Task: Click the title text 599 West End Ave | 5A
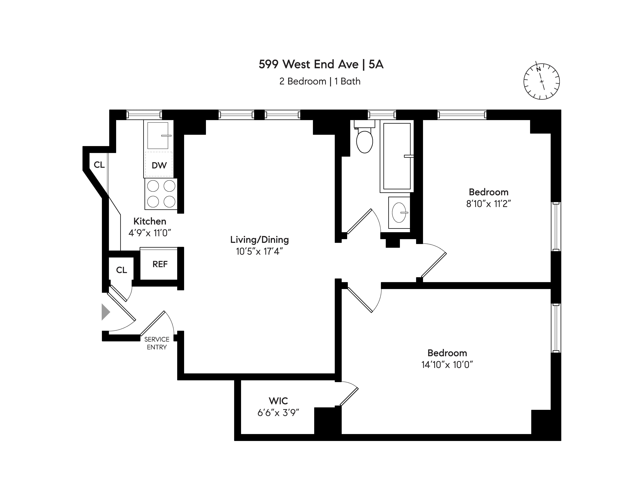point(321,64)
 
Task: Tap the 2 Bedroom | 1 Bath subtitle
point(320,81)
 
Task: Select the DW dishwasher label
point(159,165)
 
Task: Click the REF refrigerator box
point(160,264)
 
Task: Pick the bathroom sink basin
point(399,212)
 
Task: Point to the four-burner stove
point(161,194)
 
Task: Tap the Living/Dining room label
point(259,240)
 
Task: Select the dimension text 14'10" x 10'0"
point(447,365)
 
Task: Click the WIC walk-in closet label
point(278,401)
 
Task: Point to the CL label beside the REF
point(121,270)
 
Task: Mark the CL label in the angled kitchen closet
point(99,165)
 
